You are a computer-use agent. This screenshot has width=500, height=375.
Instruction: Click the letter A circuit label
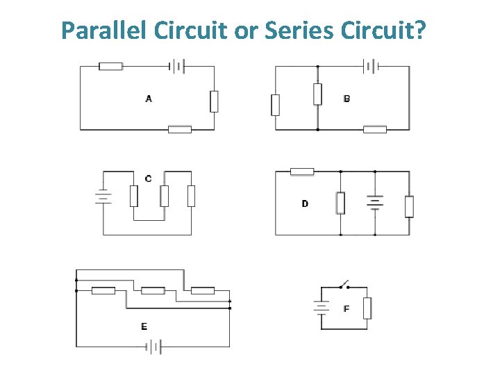(x=149, y=99)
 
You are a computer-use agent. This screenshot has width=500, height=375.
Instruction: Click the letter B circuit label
(x=347, y=99)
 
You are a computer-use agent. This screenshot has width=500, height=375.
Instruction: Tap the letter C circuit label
(x=148, y=179)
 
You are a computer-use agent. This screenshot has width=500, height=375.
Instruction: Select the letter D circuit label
(x=305, y=203)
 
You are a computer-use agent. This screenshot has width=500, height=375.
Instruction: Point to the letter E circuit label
(x=144, y=326)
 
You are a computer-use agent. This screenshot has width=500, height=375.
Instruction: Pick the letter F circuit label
(x=347, y=308)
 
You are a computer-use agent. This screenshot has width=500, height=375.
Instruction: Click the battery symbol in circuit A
(x=178, y=66)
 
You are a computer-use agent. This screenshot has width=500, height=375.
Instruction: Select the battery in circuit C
(x=103, y=197)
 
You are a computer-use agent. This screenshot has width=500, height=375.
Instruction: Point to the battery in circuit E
(x=156, y=346)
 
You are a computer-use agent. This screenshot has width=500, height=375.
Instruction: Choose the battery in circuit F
(x=322, y=307)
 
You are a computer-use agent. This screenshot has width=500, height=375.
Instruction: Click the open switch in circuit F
(x=342, y=285)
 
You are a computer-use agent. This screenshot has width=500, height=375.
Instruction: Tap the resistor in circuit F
(x=367, y=307)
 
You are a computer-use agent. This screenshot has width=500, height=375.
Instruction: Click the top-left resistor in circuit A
(x=110, y=66)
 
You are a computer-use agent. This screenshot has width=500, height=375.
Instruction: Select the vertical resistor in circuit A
(x=214, y=101)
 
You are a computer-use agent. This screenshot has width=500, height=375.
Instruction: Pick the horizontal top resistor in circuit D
(x=301, y=172)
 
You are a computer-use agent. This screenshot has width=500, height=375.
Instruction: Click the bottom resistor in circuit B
(x=374, y=129)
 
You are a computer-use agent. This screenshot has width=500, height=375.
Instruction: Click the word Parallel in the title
(x=104, y=30)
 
